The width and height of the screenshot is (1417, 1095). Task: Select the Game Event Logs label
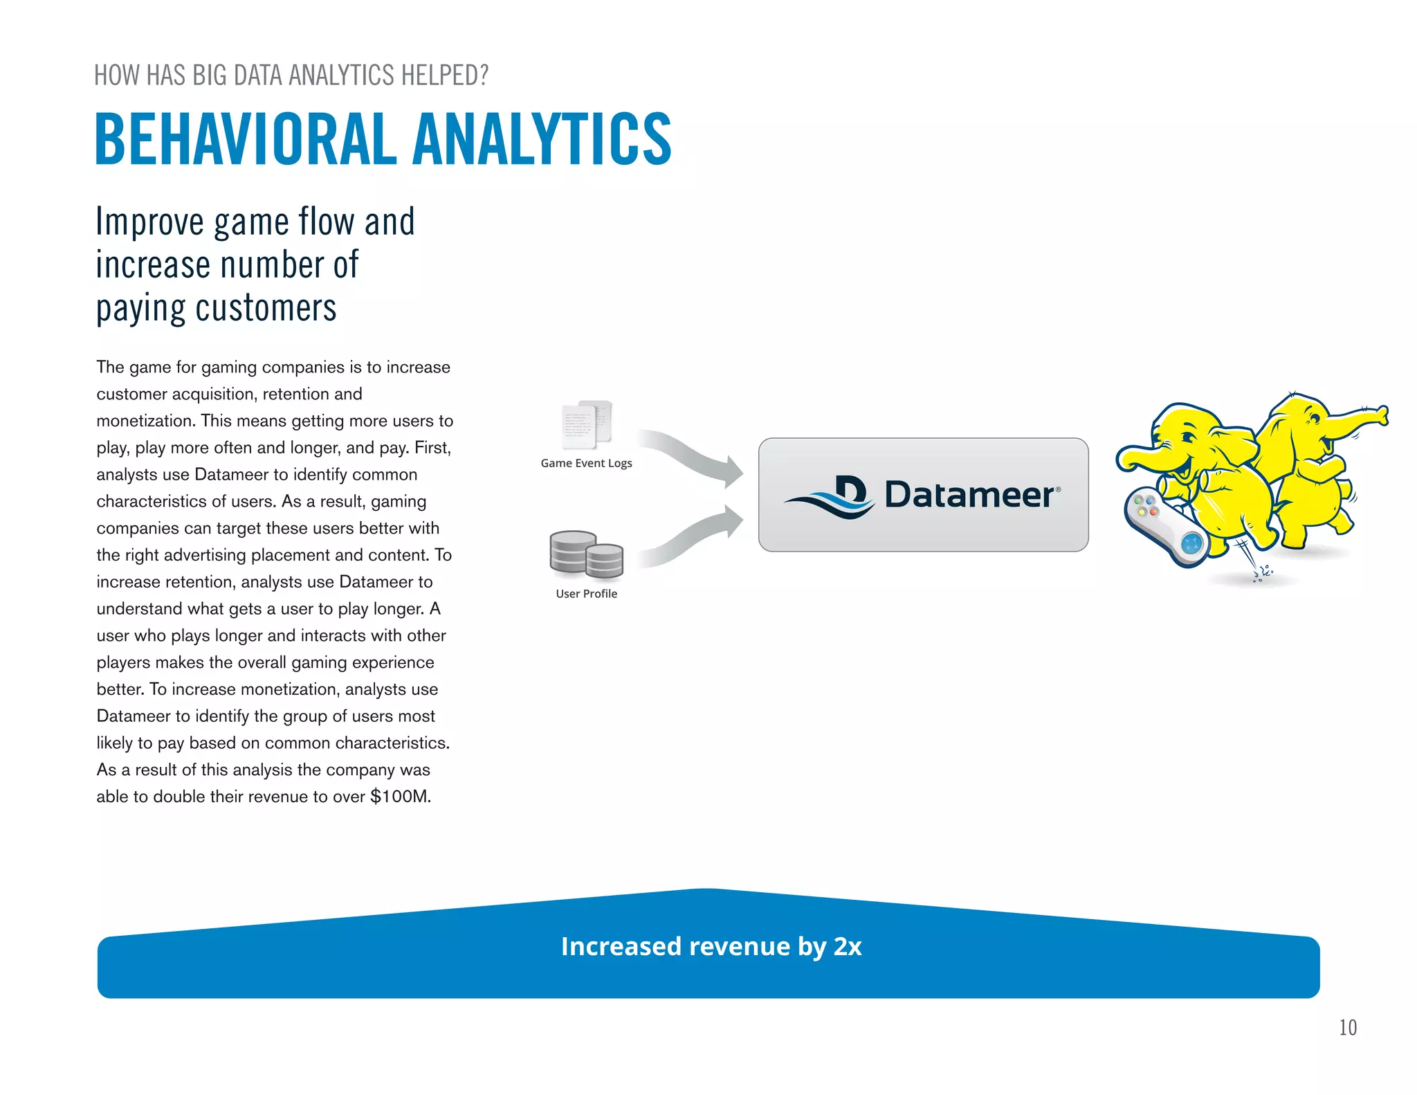pos(586,463)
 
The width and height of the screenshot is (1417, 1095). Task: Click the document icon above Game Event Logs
pos(587,424)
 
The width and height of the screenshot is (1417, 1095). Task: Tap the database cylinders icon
pos(586,554)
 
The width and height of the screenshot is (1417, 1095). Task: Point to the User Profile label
pos(586,593)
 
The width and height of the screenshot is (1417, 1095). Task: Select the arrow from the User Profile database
pos(692,538)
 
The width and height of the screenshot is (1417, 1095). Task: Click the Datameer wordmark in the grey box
pos(970,495)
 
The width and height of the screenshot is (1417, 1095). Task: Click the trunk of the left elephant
pos(1142,457)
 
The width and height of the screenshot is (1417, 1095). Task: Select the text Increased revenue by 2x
pos(711,946)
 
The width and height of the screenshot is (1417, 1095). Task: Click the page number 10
pos(1347,1027)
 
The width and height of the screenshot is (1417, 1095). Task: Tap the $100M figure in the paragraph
pos(400,797)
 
